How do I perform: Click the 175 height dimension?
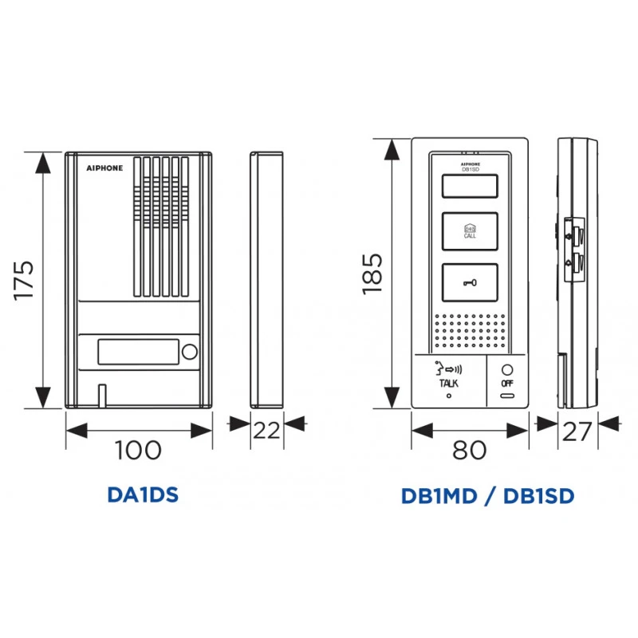click(26, 279)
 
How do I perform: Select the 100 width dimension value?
click(138, 450)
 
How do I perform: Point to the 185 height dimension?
click(372, 274)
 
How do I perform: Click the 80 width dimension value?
click(469, 450)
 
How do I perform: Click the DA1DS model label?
click(142, 495)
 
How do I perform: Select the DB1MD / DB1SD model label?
click(487, 495)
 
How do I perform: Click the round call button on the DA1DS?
click(190, 352)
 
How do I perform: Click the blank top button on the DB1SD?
click(469, 187)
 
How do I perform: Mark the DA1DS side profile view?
click(267, 279)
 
